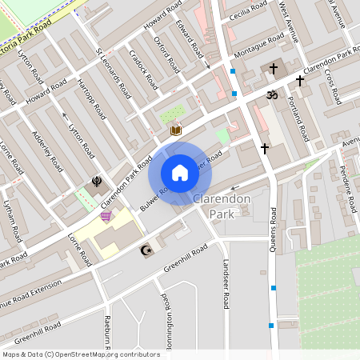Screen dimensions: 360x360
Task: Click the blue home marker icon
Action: [180, 173]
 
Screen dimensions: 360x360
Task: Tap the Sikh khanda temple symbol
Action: [97, 182]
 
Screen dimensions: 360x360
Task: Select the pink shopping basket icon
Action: [106, 217]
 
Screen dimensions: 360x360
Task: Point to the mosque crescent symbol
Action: [146, 251]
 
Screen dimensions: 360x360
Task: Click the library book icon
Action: [175, 130]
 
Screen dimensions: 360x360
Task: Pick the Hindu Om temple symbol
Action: [270, 94]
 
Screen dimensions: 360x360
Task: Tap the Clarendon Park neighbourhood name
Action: [222, 206]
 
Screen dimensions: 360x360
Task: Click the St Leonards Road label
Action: [113, 74]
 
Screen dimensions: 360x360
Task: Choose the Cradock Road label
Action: [141, 74]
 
